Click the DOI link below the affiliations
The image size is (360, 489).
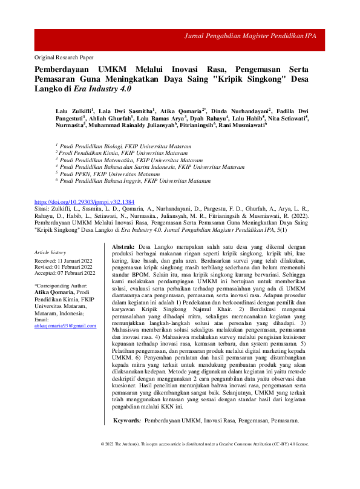point(84,201)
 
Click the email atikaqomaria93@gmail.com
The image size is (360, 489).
point(65,326)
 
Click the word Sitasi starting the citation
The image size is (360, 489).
point(43,208)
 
